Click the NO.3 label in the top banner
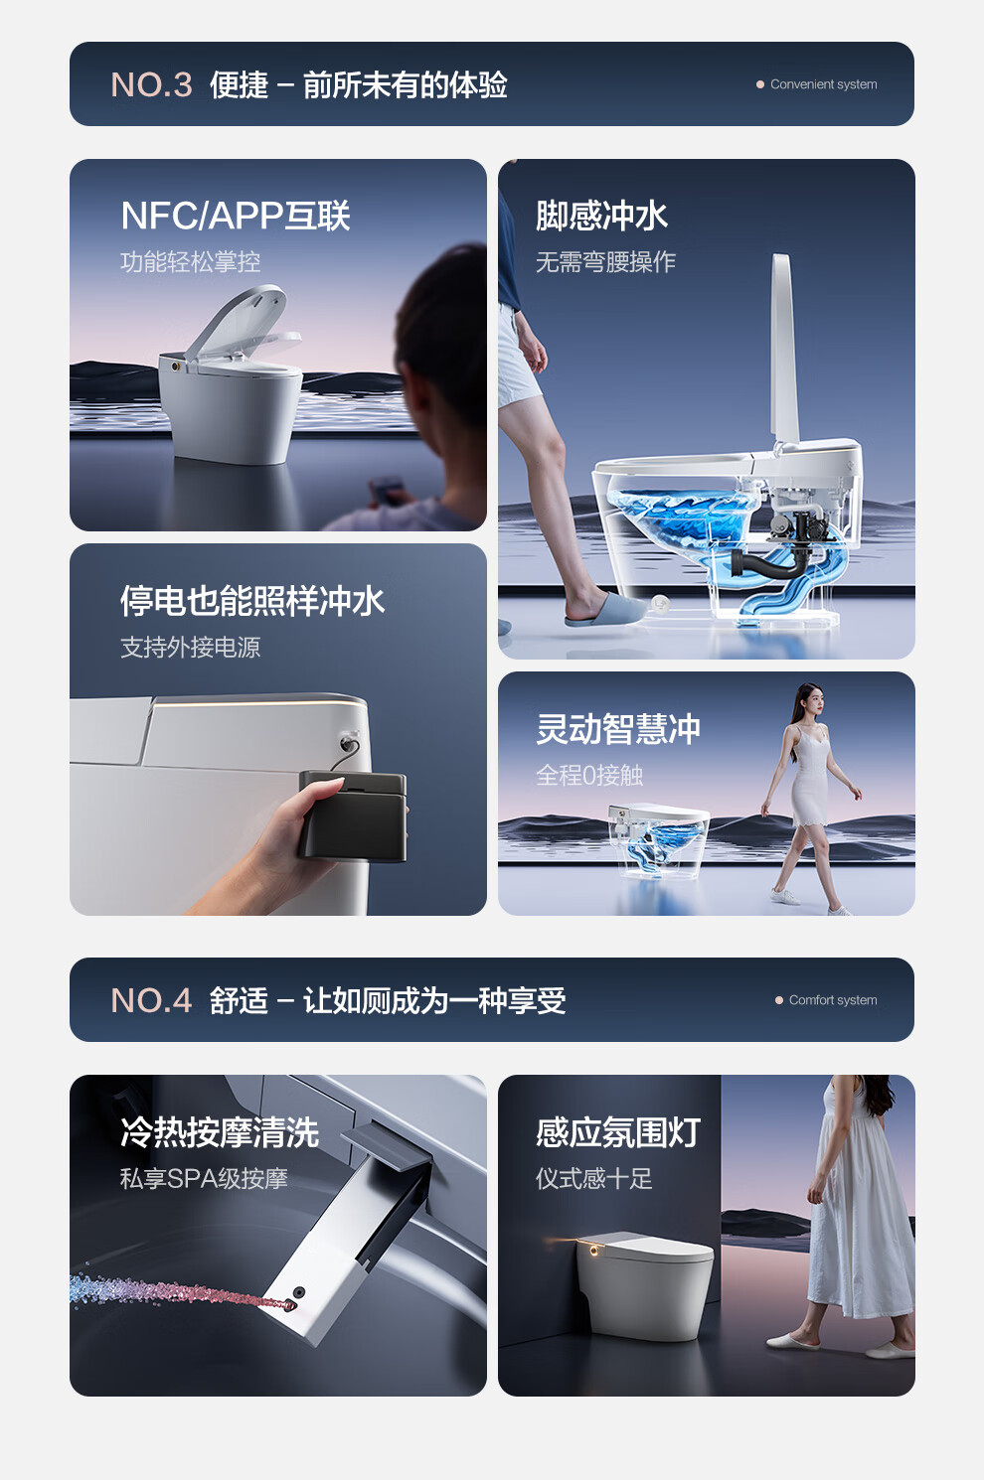click(x=151, y=84)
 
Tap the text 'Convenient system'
click(x=823, y=84)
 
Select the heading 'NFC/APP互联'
click(x=236, y=216)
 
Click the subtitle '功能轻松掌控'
click(x=191, y=261)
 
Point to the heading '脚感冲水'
click(x=601, y=216)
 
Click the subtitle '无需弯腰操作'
click(x=605, y=261)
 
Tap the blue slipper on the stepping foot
click(x=604, y=609)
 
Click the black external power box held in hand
click(x=353, y=816)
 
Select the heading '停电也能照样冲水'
click(x=252, y=601)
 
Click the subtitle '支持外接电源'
click(x=191, y=647)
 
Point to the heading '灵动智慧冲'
click(x=617, y=729)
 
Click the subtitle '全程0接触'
click(x=589, y=775)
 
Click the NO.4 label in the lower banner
click(x=151, y=1000)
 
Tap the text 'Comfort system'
click(x=833, y=1000)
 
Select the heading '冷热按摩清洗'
click(x=220, y=1132)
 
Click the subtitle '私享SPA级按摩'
click(x=204, y=1179)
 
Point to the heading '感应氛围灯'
click(x=617, y=1132)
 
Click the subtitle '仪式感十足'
click(x=593, y=1179)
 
